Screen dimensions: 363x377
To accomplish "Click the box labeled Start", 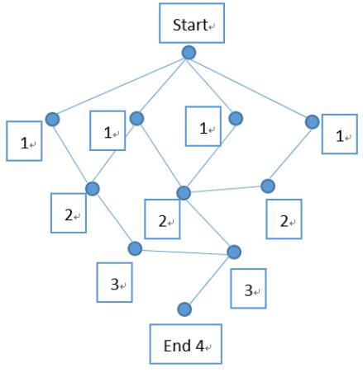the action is pos(192,23).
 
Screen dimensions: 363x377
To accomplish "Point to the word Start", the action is pos(190,25).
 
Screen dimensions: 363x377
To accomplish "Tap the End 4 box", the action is pos(186,344).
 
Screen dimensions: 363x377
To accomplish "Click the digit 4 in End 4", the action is pos(200,346).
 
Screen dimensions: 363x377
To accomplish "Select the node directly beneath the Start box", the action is pos(189,53).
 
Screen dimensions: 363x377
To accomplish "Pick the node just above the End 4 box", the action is pos(184,309).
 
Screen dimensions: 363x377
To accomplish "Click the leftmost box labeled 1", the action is pos(24,141).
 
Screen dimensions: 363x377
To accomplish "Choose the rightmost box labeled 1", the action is pos(340,134).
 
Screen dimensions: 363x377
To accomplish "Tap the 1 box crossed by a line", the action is pos(107,130).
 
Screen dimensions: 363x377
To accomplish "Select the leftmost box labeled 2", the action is pos(69,213).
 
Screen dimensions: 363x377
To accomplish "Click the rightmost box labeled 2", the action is pos(284,219).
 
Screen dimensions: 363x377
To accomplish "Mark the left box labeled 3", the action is pos(114,282).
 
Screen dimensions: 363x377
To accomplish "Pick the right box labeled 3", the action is pos(248,289).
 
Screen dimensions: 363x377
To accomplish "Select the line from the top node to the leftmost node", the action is pos(121,86).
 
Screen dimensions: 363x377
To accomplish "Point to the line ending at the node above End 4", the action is pos(209,280).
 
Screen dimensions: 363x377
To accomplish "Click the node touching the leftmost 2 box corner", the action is pos(93,189).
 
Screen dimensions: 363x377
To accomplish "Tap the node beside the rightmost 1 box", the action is pos(313,122).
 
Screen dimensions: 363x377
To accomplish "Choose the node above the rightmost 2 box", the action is pos(268,186).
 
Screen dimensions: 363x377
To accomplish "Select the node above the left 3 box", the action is pos(135,248).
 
